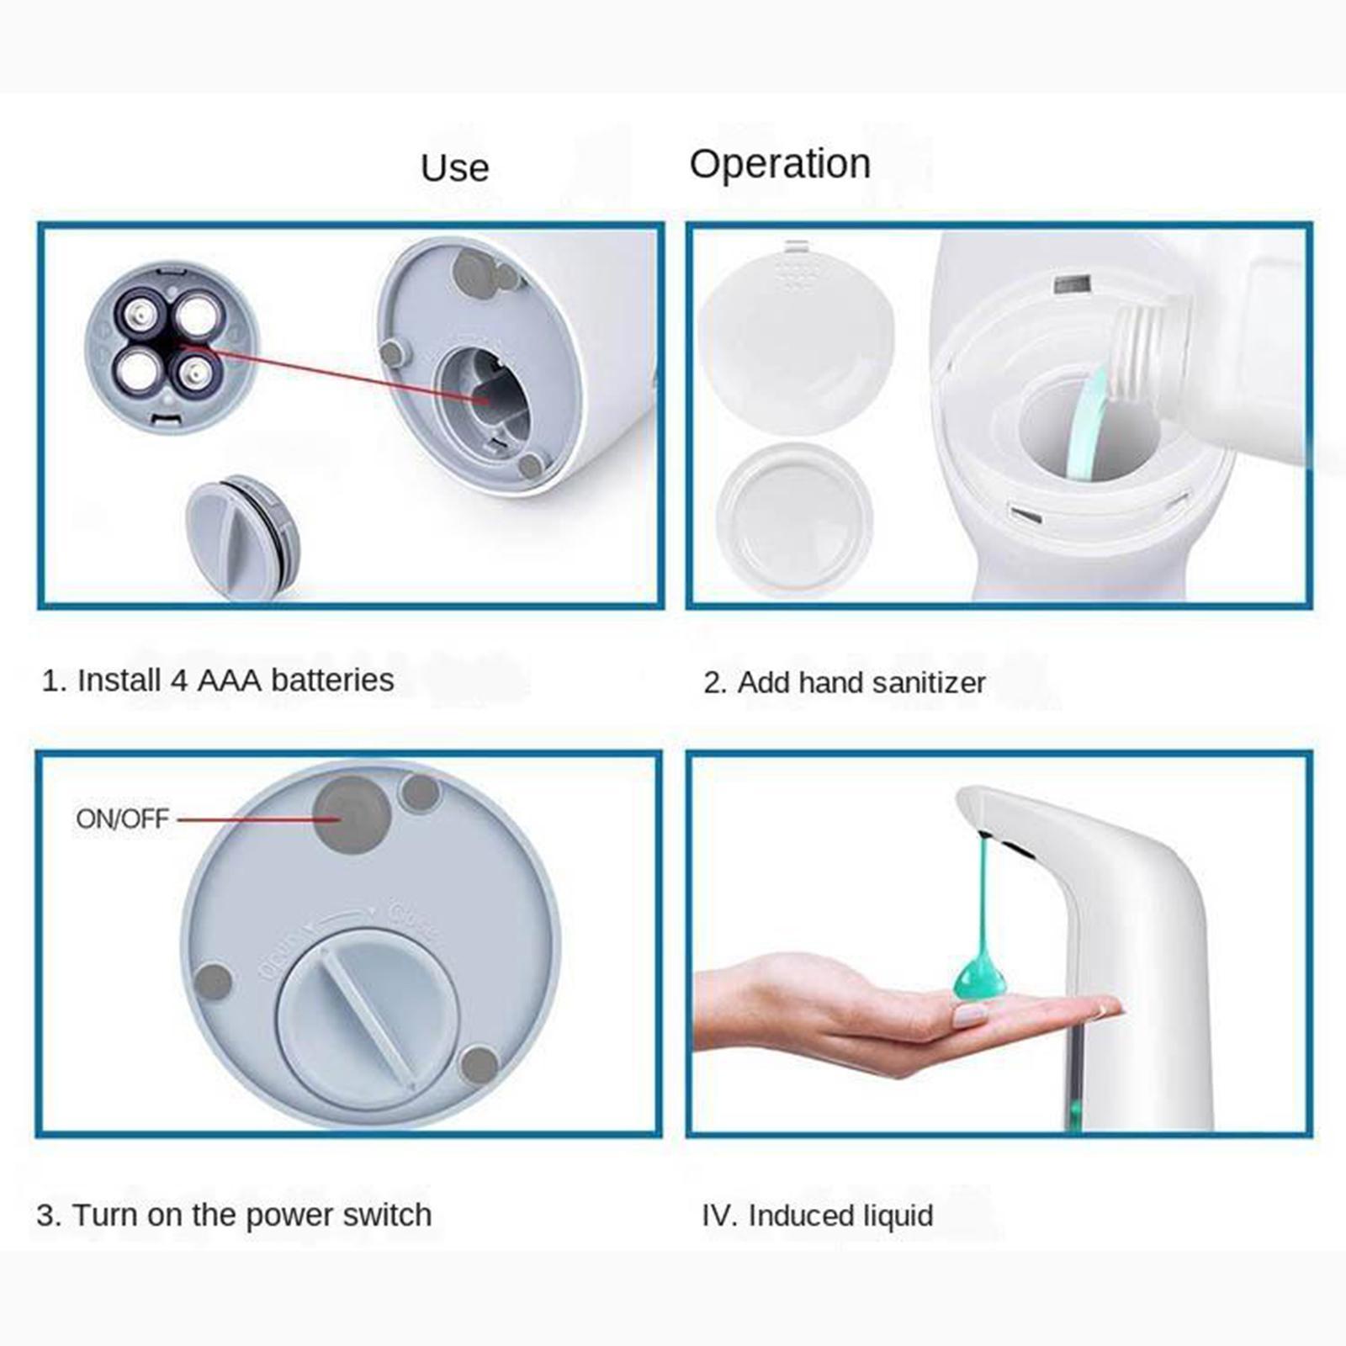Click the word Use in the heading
point(454,168)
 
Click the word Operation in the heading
point(780,164)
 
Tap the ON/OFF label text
point(122,819)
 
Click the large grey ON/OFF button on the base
point(352,814)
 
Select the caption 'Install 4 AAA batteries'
point(218,680)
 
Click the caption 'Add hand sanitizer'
point(844,682)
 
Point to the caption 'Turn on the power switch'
point(234,1215)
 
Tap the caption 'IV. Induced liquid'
point(817,1216)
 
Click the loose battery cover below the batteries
point(242,535)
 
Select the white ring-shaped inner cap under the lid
point(795,518)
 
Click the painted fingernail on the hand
point(970,1015)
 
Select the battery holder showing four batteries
point(171,346)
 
